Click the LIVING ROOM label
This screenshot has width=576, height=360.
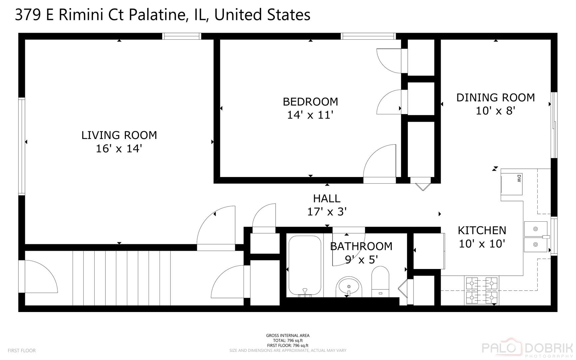click(x=119, y=135)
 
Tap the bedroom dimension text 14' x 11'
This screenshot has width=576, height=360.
click(x=310, y=115)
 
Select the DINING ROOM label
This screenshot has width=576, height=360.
click(x=495, y=97)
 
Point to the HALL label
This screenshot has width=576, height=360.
click(x=326, y=199)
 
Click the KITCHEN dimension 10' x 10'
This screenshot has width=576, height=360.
click(x=482, y=244)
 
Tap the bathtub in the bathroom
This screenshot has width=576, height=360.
click(x=305, y=266)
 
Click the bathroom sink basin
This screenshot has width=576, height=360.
click(x=349, y=287)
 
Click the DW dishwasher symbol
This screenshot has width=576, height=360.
click(x=512, y=184)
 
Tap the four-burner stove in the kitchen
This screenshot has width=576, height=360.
click(x=481, y=290)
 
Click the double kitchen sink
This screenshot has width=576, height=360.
click(x=535, y=237)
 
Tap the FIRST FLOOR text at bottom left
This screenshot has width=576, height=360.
click(x=22, y=351)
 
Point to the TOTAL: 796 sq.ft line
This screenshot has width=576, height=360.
click(x=288, y=340)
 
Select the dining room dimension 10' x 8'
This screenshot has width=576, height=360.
click(x=495, y=111)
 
